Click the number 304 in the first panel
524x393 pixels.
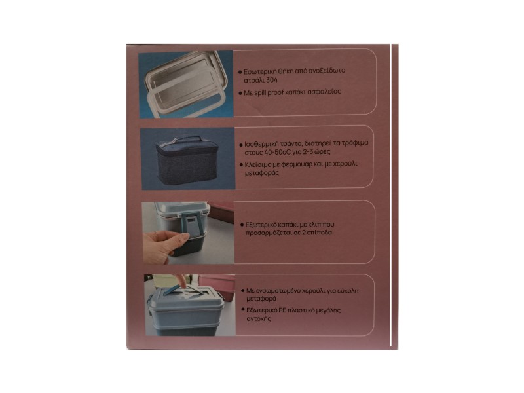point(272,80)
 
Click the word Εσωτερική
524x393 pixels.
point(259,71)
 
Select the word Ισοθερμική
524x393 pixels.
point(261,144)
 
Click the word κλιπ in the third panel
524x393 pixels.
point(304,225)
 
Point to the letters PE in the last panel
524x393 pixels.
point(282,310)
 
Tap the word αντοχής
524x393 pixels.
point(259,319)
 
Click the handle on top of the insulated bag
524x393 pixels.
point(187,140)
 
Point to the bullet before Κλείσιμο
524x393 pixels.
point(242,165)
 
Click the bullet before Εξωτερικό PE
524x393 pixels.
point(243,310)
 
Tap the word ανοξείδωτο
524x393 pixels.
point(326,71)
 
